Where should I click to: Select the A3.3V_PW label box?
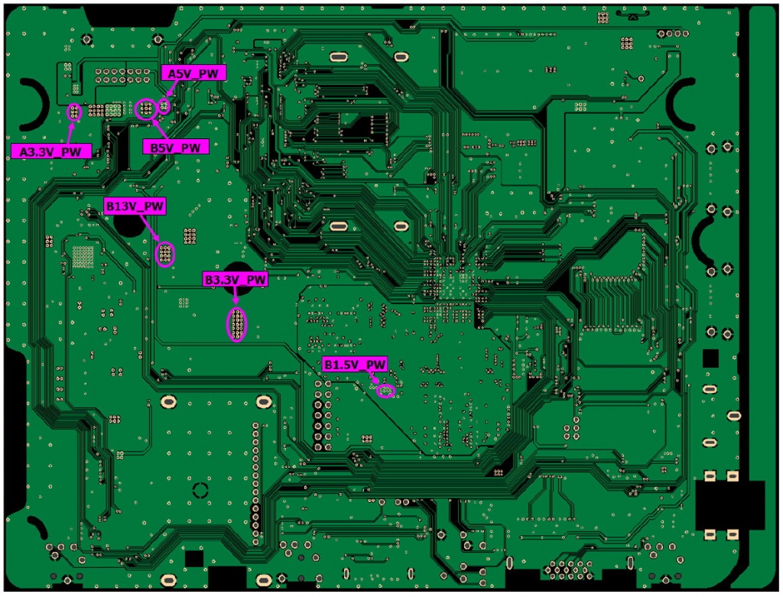(x=50, y=151)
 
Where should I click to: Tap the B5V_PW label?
(x=175, y=147)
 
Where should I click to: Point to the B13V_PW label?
(x=135, y=206)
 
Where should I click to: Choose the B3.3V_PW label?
(x=236, y=280)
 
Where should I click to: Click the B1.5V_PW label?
(x=355, y=365)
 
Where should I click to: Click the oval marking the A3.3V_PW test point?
(x=74, y=113)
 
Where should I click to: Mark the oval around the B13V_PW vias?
(x=165, y=254)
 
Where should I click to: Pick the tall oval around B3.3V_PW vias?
(x=237, y=325)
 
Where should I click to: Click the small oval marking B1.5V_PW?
(x=386, y=391)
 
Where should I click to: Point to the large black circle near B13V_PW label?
(x=129, y=222)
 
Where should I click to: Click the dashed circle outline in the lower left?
(x=200, y=490)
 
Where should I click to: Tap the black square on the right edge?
(x=710, y=358)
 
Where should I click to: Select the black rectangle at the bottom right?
(x=730, y=505)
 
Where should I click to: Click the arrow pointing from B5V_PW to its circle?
(x=161, y=128)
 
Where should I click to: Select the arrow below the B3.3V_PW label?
(x=236, y=297)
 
